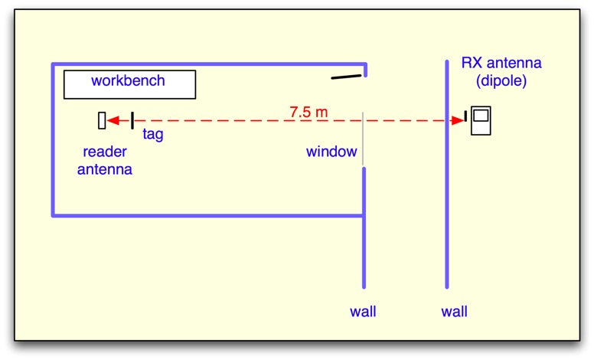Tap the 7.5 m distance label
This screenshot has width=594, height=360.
[x=308, y=112]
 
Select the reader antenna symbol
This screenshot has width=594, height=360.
[x=101, y=120]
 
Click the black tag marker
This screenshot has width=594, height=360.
[x=132, y=120]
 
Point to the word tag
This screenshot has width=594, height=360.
[x=153, y=134]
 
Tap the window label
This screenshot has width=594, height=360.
[x=331, y=152]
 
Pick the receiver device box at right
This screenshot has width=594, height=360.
[x=481, y=120]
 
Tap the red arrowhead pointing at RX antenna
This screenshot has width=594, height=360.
[x=460, y=120]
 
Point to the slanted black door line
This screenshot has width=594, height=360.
[x=347, y=76]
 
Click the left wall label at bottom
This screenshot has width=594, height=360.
[x=363, y=312]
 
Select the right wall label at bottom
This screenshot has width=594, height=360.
[x=454, y=312]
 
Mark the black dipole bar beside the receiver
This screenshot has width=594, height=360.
[x=465, y=116]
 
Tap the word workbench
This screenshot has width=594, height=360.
[x=128, y=80]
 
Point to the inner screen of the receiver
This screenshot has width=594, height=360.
[x=481, y=116]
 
